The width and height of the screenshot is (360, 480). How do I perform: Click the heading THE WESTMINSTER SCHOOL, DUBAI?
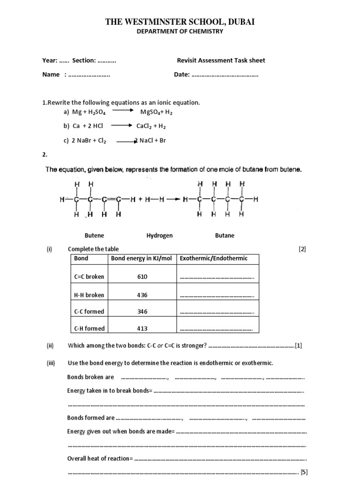coord(180,22)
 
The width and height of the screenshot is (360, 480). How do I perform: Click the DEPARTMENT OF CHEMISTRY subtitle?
coord(180,31)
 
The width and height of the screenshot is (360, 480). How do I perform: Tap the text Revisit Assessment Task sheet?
coord(221,60)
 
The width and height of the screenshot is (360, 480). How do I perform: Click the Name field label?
coord(51,75)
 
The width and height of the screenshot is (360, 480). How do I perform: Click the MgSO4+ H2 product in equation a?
coord(157,112)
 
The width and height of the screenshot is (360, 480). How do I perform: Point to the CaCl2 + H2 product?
coord(151,126)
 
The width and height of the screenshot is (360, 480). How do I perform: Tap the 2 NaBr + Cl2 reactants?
coord(89,141)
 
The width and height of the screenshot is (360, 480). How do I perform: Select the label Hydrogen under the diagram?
coord(159,236)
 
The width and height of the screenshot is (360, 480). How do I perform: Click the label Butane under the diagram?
coord(225,236)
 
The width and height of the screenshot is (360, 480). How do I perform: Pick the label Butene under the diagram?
coord(94,236)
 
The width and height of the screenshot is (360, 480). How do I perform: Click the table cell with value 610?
coord(142,277)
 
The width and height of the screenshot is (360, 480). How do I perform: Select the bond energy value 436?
coord(142,295)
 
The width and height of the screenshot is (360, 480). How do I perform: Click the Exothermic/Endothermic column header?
coord(214,258)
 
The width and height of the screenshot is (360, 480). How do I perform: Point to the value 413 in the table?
coord(142,329)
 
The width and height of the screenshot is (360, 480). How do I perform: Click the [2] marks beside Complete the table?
coord(302,249)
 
